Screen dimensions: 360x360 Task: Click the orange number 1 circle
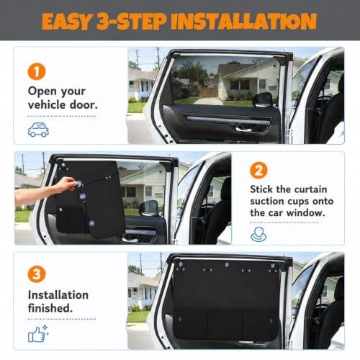pos(37,71)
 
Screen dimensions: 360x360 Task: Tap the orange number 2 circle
pos(258,170)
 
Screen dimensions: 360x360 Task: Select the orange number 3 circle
pos(37,274)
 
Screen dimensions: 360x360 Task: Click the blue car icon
pos(38,130)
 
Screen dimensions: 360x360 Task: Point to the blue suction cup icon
pos(258,234)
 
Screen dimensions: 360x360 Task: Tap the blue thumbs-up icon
pos(38,333)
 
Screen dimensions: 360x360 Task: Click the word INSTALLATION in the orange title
pos(244,21)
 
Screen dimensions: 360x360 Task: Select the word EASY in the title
pos(67,22)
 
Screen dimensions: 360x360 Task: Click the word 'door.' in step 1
pos(84,105)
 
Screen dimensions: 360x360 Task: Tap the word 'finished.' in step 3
pos(50,308)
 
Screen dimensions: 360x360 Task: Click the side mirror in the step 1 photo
pos(263,99)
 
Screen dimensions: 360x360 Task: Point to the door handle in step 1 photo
pos(243,130)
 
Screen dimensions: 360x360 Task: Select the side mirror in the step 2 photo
pos(149,208)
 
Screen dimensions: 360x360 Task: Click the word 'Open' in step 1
pos(42,92)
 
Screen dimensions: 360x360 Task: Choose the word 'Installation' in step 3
pos(58,295)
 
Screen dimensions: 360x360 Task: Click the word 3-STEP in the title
pos(132,21)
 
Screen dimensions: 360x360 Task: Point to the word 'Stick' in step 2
pos(261,189)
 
